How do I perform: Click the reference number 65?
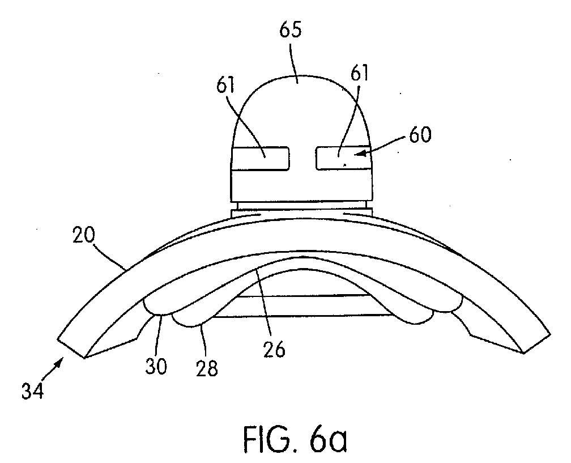coord(291,30)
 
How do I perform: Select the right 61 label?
coord(359,73)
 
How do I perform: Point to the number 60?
coord(420,135)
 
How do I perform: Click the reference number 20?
coord(84,235)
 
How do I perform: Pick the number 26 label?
coord(274,350)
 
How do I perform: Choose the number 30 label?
coord(156,366)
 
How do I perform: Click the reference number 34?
coord(32,391)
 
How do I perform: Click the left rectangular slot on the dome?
coord(260,159)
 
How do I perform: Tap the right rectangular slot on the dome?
coord(344,158)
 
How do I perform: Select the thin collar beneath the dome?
coord(301,211)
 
